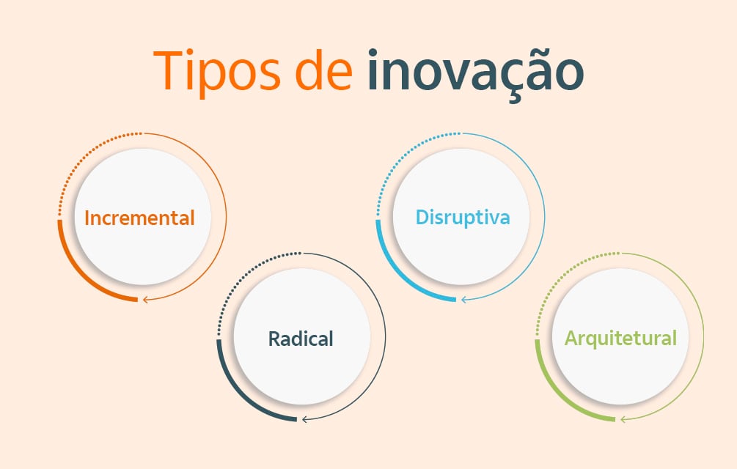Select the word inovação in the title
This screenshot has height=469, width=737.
[475, 72]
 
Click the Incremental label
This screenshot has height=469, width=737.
[139, 218]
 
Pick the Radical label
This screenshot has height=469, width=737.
[301, 339]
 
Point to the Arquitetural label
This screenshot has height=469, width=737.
[620, 339]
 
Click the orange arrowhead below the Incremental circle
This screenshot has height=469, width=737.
[146, 299]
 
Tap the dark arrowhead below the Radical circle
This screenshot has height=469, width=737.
[306, 419]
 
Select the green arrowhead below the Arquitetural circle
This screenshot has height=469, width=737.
[623, 419]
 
